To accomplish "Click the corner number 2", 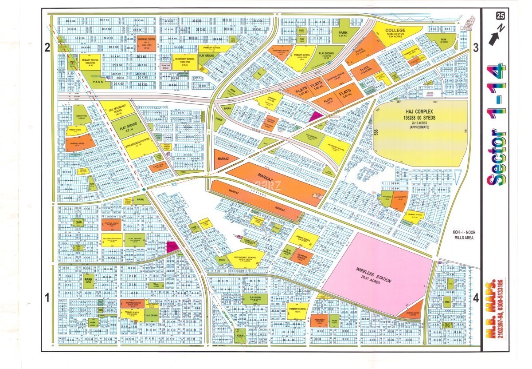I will pyautogui.click(x=47, y=48).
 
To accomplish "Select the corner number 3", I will pyautogui.click(x=476, y=48).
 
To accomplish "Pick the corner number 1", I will pyautogui.click(x=47, y=298).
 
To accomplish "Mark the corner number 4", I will pyautogui.click(x=476, y=298).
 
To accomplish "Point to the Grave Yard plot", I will pyautogui.click(x=164, y=67).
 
